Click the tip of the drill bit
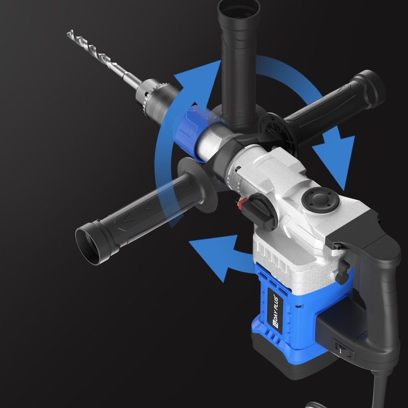(68, 32)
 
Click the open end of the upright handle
(239, 8)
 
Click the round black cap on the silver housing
(320, 199)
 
